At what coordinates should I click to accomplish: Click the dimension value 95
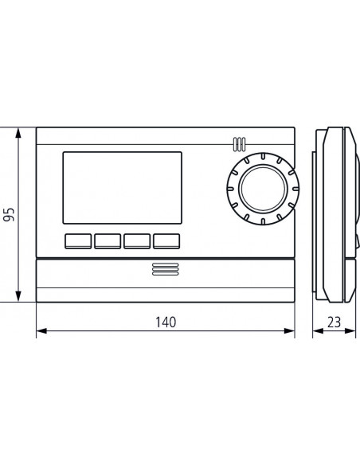9,214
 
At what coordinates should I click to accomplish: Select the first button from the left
78,240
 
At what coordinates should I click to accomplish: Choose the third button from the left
136,240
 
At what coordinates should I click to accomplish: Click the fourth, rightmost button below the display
166,240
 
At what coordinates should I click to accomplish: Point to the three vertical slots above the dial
238,144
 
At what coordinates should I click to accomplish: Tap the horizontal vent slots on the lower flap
165,272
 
